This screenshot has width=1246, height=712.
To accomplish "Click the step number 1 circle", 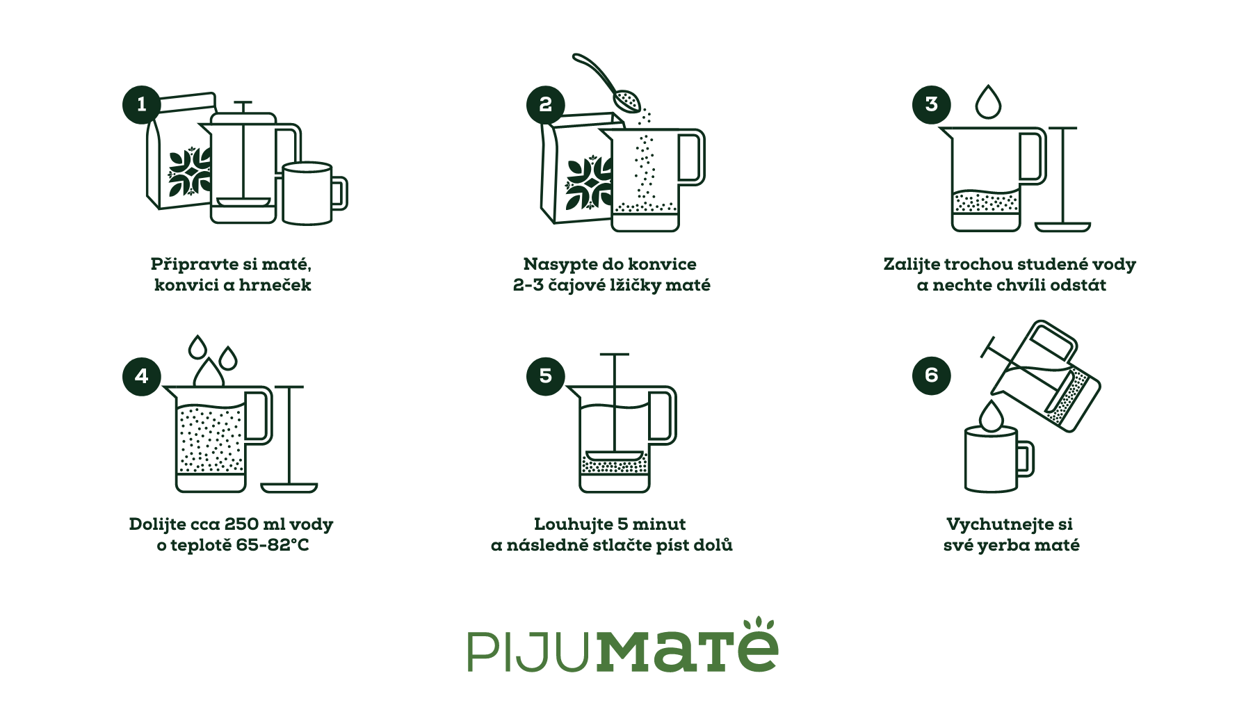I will pos(142,104).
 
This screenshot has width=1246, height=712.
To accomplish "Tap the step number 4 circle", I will pos(142,376).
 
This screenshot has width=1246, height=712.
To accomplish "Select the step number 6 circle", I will pos(931,375).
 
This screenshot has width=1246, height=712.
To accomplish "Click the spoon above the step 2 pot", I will pos(612,83).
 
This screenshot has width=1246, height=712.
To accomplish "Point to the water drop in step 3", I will pos(988,103).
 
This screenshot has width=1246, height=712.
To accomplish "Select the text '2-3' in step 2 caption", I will pos(528,285).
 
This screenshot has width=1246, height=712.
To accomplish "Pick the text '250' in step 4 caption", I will pos(241,524).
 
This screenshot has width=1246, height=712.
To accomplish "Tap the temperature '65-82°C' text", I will pos(272,545).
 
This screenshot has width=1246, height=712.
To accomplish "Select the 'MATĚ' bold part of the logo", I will pos(687,648).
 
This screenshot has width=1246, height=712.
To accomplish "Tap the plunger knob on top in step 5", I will pos(614,355).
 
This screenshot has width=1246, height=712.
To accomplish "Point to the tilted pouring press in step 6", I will pos(1046,379).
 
